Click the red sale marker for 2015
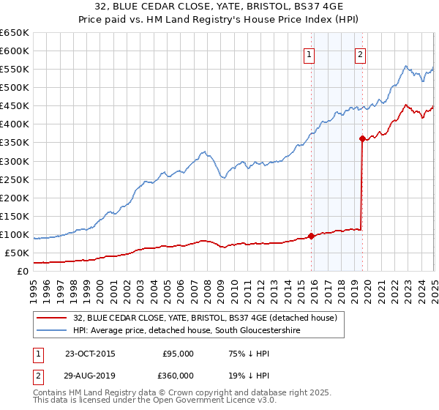pos(311,236)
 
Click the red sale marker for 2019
pos(362,138)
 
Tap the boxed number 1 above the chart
pos(309,53)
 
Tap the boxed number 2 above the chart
pos(361,53)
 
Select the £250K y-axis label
pos(15,179)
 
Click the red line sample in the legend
pos(51,318)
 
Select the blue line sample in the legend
pos(51,331)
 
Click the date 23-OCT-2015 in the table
pos(90,354)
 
